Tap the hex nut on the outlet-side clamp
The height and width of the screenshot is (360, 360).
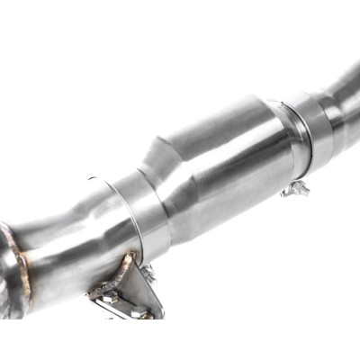(294, 189)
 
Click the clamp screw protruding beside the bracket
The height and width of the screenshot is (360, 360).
(148, 273)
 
